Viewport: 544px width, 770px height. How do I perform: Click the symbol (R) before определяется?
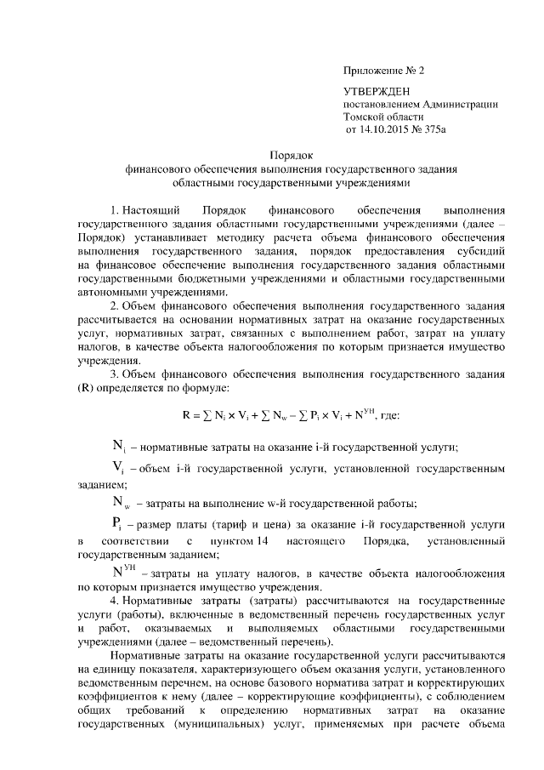click(x=88, y=388)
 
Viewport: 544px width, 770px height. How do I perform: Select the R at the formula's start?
click(x=187, y=416)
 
